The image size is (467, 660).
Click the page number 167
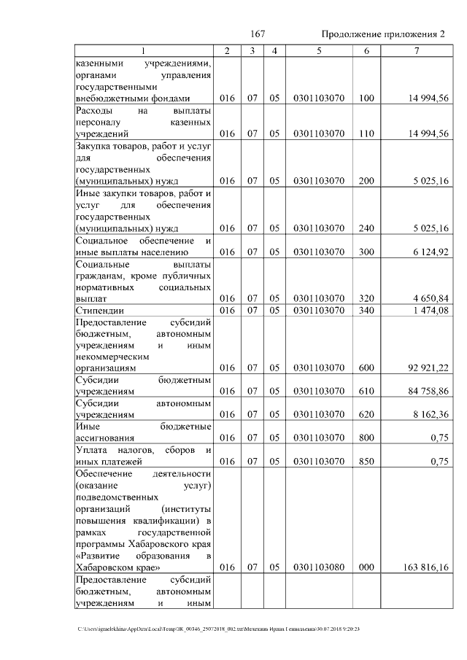click(258, 34)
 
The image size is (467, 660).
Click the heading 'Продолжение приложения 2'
click(383, 34)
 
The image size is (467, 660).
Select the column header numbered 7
click(416, 50)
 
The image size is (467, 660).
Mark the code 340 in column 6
click(366, 311)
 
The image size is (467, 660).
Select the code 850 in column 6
click(366, 461)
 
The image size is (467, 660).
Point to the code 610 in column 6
click(366, 391)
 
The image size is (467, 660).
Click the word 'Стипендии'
click(99, 311)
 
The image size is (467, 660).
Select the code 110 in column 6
click(366, 133)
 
